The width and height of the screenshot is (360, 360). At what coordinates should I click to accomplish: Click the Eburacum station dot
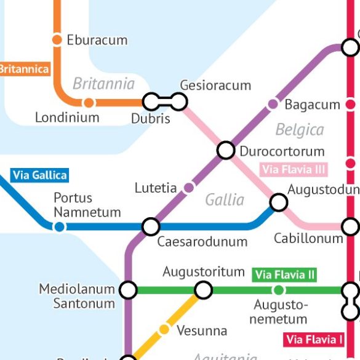[57, 40]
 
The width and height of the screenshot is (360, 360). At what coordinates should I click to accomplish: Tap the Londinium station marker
[89, 103]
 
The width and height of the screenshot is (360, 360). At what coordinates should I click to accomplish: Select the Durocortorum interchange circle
[226, 150]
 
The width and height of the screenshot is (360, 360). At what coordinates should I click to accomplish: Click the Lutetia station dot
[189, 187]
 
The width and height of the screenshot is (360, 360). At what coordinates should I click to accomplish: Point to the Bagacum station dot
[273, 105]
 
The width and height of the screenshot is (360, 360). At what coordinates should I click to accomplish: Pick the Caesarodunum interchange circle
[151, 226]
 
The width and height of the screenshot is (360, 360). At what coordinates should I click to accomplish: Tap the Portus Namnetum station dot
[59, 227]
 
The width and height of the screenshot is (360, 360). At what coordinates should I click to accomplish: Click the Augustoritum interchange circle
[203, 290]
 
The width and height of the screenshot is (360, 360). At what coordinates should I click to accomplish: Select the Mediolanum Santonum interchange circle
[128, 290]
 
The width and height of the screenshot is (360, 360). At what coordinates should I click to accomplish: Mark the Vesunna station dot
[164, 330]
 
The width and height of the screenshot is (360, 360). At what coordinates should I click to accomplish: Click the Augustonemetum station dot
[279, 290]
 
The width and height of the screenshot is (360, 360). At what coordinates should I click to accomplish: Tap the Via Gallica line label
[39, 175]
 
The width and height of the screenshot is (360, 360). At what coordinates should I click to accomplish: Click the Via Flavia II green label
[285, 274]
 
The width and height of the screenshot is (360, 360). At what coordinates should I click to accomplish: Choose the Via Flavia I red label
[314, 339]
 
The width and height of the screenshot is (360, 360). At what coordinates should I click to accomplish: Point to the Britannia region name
[103, 84]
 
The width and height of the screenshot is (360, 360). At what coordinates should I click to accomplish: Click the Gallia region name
[225, 199]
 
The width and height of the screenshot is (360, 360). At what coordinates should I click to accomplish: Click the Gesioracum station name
[215, 86]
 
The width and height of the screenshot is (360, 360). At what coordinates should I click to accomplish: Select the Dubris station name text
[150, 119]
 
